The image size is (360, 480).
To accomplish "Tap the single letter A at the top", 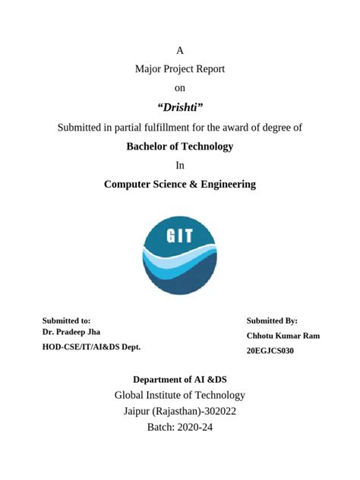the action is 180,51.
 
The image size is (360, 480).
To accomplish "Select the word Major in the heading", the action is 149,69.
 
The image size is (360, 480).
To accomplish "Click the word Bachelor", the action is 151,147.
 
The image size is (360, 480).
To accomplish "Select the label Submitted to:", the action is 66,321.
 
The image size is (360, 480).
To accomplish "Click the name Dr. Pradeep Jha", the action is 71,332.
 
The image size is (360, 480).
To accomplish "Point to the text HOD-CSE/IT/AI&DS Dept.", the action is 91,346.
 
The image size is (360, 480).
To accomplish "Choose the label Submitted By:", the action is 272,321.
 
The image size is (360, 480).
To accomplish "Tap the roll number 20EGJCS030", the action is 270,351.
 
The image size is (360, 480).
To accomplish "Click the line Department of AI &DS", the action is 179,379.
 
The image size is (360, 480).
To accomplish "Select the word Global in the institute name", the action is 131,395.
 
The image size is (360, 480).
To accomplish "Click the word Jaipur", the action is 139,411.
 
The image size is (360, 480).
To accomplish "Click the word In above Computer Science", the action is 180,165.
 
